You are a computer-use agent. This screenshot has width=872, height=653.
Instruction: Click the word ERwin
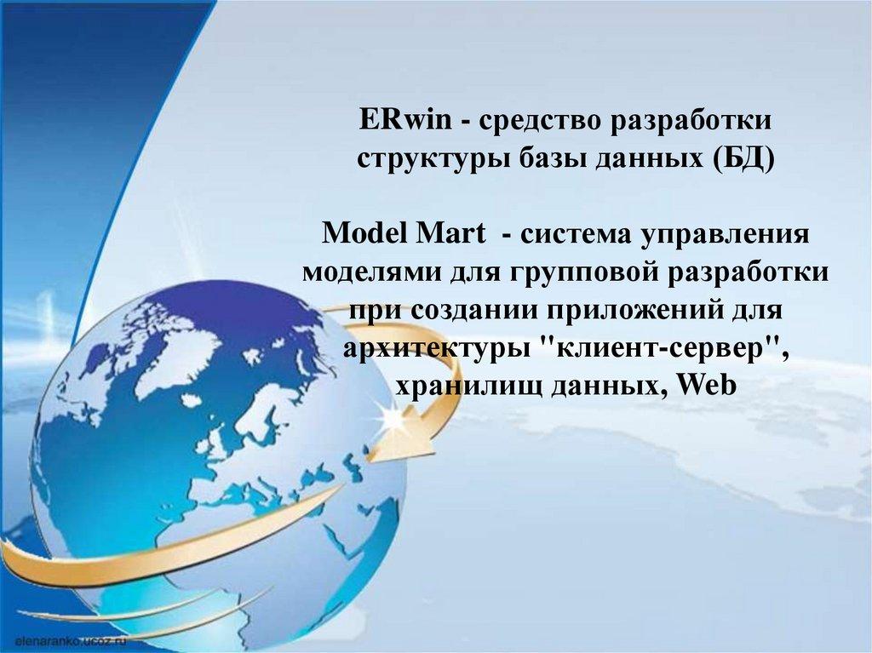pos(404,119)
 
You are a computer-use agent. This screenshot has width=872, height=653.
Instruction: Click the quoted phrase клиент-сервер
pos(659,348)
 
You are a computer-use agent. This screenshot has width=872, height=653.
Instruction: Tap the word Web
pos(706,385)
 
